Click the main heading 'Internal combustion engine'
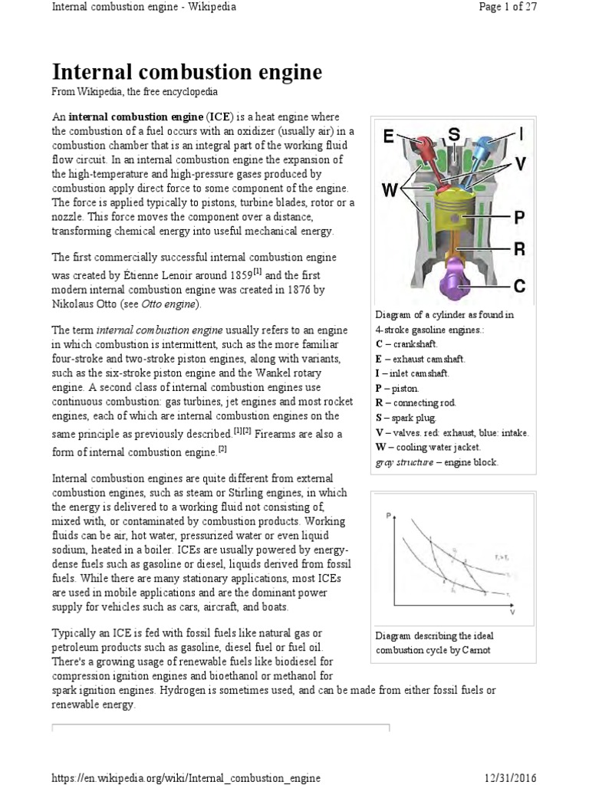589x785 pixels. click(x=186, y=73)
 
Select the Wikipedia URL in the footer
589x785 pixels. click(x=186, y=778)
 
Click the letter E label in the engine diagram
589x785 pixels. click(x=389, y=137)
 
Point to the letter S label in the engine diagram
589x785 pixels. click(x=453, y=135)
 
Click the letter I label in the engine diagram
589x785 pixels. click(x=521, y=135)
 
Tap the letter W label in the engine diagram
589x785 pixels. click(x=390, y=189)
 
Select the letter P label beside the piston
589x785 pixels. click(x=518, y=218)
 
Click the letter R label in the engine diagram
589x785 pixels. click(x=518, y=249)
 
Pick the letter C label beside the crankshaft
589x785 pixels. click(x=518, y=286)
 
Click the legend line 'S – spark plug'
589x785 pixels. click(x=406, y=418)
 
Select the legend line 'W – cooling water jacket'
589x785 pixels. click(x=428, y=447)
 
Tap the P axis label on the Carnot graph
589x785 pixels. click(x=387, y=515)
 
